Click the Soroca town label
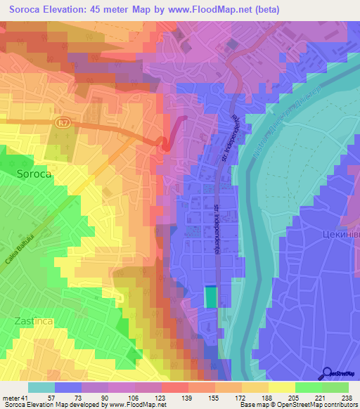click(x=34, y=174)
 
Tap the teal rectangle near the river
click(x=211, y=297)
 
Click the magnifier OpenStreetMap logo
click(x=327, y=373)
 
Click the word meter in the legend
click(x=12, y=397)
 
